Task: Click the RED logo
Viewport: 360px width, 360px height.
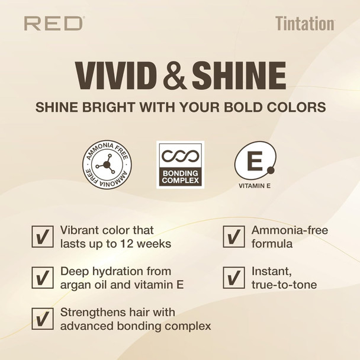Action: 54,24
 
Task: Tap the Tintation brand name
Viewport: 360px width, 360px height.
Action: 304,24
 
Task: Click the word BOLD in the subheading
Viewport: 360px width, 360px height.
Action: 245,108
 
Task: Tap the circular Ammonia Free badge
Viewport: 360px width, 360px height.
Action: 107,164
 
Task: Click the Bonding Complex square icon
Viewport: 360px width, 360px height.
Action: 180,165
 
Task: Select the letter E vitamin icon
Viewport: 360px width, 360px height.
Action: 254,160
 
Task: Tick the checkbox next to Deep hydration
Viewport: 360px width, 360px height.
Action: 42,278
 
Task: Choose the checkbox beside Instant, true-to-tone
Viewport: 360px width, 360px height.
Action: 233,278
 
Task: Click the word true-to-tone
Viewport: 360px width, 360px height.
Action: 284,285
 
